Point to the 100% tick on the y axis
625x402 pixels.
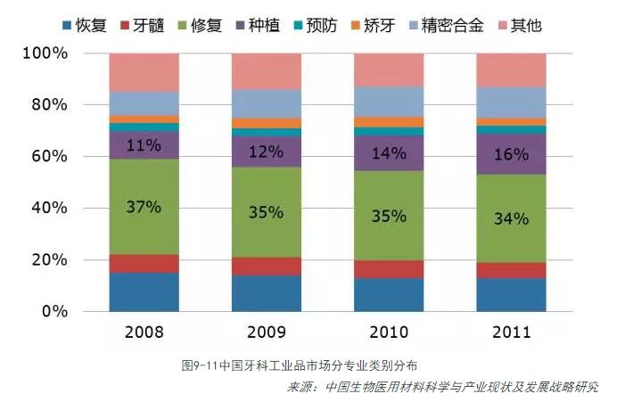(45, 53)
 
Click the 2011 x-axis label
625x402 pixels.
(511, 332)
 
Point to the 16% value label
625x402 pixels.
(511, 153)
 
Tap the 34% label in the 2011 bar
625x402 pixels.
(511, 217)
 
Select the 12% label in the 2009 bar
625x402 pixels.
(266, 152)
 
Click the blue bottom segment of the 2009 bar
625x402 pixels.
(266, 293)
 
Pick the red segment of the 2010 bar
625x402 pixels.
(388, 269)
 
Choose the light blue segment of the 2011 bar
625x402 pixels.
(511, 102)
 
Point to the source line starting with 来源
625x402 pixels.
(442, 387)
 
